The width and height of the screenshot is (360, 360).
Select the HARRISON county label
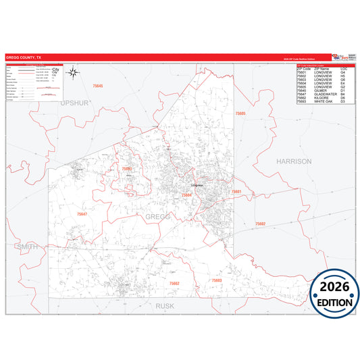point(294,161)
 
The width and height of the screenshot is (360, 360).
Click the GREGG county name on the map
point(157,216)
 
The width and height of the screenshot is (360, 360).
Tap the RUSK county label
point(165,305)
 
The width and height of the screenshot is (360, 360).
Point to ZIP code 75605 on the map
point(240,113)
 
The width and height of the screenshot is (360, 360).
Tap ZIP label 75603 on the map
point(216,280)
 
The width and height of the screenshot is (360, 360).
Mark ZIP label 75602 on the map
point(260,224)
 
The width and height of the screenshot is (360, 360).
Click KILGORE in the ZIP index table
point(321,97)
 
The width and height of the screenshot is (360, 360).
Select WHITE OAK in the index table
point(323,101)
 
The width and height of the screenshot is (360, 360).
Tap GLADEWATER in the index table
point(325,94)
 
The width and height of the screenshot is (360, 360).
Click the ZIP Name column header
point(321,69)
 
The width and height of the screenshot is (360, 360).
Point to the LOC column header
point(344,69)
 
